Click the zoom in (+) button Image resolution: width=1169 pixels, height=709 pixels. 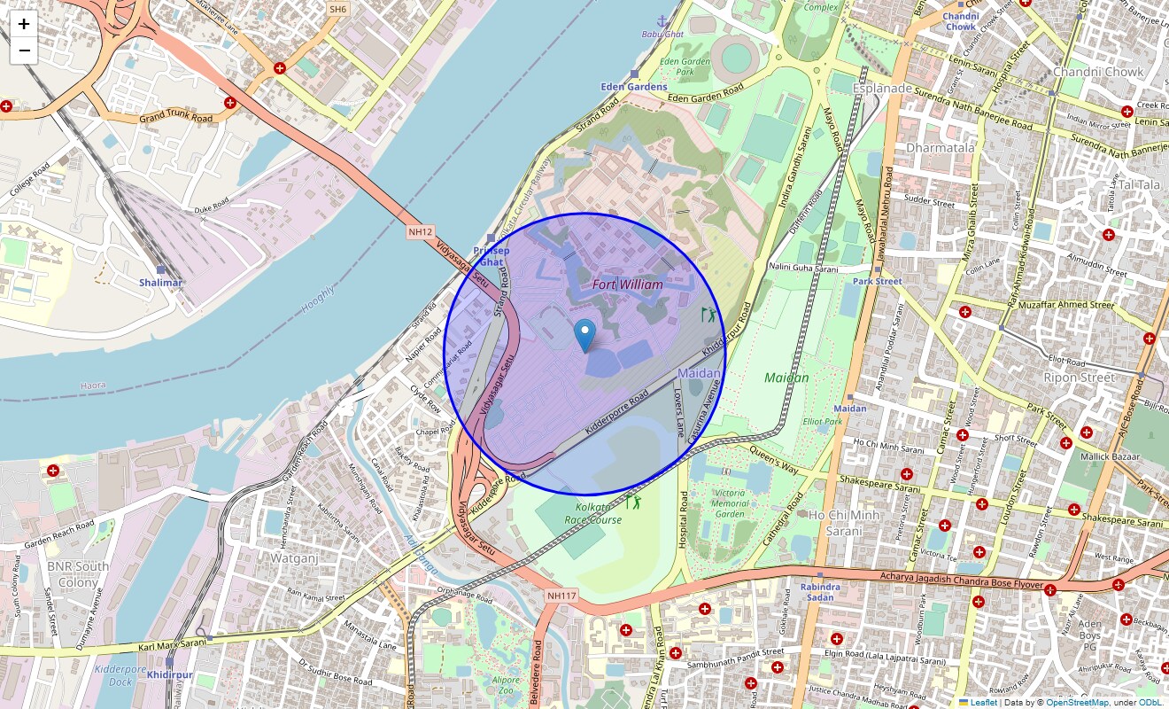24,24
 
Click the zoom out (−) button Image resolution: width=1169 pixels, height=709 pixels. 24,51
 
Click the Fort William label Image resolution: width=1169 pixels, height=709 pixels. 627,284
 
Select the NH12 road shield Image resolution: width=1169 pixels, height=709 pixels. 421,232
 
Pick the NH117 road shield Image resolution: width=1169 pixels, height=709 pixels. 561,596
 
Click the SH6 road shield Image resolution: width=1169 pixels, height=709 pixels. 337,9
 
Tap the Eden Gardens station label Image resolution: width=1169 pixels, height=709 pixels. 634,87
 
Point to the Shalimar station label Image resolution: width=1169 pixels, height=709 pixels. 160,283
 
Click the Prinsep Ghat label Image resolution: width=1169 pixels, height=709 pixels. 491,256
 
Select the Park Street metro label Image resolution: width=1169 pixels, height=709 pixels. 877,281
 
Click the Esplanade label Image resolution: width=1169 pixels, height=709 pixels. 882,89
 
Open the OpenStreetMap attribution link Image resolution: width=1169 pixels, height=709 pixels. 1076,703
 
